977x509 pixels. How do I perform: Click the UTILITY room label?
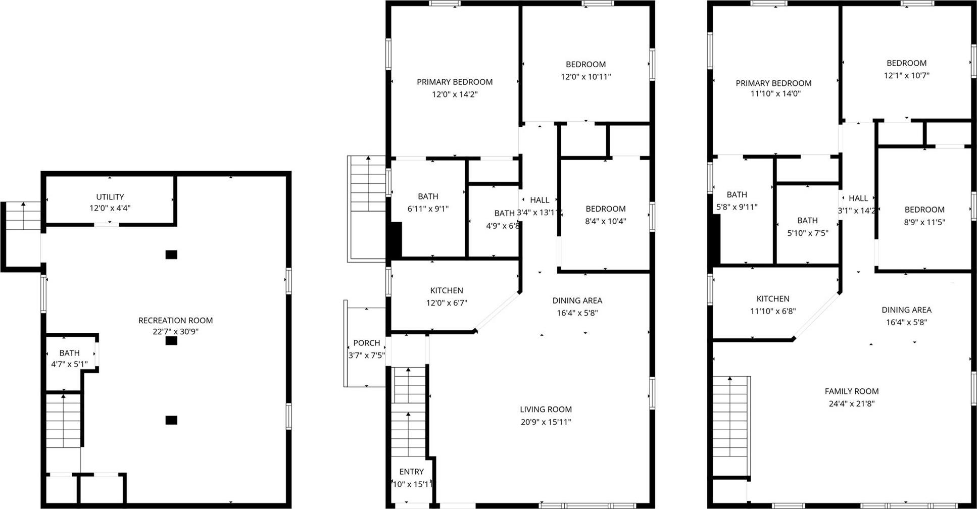tap(110, 197)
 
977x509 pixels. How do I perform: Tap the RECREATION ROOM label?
tap(175, 320)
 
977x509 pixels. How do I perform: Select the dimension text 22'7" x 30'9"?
tap(175, 332)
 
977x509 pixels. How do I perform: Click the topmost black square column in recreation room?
tap(171, 254)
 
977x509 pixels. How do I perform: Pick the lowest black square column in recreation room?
tap(171, 420)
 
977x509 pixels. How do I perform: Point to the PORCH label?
tap(366, 343)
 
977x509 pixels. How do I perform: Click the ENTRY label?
tap(411, 472)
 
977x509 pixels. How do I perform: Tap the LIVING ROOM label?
tap(546, 410)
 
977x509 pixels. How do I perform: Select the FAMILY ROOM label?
tap(851, 391)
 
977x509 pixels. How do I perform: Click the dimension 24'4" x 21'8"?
tap(851, 403)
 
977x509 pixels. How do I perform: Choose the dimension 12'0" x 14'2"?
tap(454, 94)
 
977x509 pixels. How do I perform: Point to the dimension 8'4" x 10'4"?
tap(605, 221)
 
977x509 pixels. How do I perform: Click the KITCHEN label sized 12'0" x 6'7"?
tap(446, 290)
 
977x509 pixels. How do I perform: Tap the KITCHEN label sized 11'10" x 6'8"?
tap(772, 299)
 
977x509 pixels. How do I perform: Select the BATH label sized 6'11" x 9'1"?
tap(428, 196)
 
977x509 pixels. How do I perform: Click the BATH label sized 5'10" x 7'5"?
tap(807, 221)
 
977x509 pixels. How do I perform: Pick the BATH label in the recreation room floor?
tap(69, 353)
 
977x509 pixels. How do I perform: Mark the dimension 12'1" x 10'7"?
tap(906, 76)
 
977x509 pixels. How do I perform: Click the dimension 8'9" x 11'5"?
tap(924, 222)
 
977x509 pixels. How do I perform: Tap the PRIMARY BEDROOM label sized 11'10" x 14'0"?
tap(773, 83)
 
